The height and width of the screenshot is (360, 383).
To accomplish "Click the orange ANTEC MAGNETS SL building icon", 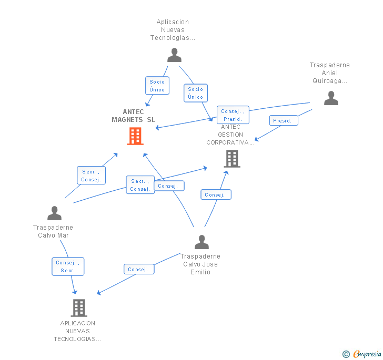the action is point(135,136).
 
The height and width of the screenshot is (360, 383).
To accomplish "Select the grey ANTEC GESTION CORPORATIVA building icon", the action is point(232,159).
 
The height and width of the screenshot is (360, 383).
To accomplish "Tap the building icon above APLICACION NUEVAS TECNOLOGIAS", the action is point(79,308).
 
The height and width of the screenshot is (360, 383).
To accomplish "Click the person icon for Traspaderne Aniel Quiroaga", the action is point(331,98).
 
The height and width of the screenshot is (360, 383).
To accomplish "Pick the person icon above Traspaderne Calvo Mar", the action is point(55,213).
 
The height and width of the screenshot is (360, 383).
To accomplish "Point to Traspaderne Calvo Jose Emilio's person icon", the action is point(202,242).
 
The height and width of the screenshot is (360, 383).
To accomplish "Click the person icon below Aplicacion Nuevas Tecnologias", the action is point(175,55).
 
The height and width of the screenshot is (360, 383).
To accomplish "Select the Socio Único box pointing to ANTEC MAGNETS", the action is point(157,86).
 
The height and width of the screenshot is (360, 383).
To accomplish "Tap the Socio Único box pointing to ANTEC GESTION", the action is point(196,93).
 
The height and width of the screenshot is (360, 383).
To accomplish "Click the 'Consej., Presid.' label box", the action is point(233,115).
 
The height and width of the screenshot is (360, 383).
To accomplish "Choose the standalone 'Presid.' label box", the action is point(284,120).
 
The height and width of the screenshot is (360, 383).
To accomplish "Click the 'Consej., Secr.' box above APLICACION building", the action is point(68,266).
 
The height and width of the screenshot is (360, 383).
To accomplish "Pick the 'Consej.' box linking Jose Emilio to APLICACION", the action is point(139,269).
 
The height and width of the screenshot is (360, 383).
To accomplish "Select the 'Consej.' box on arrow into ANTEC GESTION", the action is point(216,194).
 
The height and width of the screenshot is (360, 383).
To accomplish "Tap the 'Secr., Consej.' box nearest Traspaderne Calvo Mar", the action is point(91,175).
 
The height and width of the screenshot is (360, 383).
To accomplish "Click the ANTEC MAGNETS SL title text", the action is point(134,116).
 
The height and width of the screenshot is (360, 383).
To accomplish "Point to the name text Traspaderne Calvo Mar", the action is point(53,231).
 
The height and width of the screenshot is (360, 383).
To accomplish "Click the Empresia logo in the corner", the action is point(362,354).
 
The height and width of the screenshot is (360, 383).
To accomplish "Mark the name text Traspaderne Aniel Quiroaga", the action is point(330,73).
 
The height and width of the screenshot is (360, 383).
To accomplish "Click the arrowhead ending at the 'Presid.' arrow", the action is point(257,139).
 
